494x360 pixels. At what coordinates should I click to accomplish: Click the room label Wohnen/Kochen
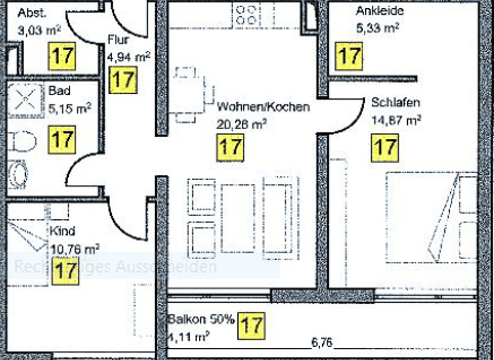(263, 107)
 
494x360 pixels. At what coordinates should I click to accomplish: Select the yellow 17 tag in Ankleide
(349, 56)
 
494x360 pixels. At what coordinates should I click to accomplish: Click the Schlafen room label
(396, 103)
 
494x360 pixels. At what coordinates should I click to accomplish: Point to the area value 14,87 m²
(396, 119)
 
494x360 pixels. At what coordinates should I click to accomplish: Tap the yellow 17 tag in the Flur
(123, 80)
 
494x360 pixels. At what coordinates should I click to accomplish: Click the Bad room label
(59, 91)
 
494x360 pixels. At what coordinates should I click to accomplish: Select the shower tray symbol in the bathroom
(24, 102)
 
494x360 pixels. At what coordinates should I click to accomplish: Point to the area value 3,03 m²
(38, 29)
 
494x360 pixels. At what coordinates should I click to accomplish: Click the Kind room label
(62, 231)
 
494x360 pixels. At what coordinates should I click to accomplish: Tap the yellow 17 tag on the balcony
(251, 325)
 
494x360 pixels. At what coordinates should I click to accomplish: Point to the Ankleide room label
(379, 12)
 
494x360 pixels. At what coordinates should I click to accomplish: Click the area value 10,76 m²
(74, 248)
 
